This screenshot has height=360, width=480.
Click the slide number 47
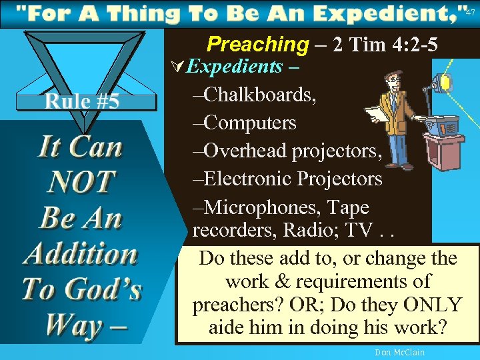point(470,13)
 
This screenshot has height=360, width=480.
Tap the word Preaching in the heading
point(257,44)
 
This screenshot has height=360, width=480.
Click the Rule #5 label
point(82,101)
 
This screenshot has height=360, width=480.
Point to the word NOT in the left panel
point(81,181)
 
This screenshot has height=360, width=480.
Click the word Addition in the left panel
point(81,254)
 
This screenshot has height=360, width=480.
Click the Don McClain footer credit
point(400,352)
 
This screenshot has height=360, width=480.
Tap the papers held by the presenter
point(377,115)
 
